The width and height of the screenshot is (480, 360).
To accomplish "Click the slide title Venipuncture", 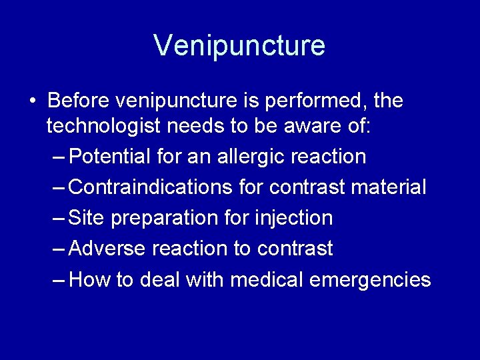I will pos(239,45).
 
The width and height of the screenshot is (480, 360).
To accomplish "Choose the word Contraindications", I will pos(151,187).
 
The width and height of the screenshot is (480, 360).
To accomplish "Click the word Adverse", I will pos(107,249).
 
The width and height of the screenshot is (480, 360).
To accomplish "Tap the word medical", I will pos(267,279).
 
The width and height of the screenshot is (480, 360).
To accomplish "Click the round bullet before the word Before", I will pos(33,102).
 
